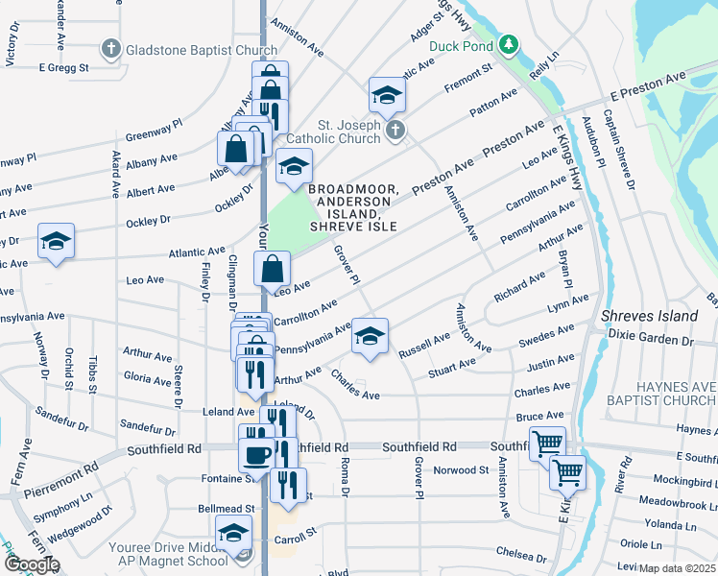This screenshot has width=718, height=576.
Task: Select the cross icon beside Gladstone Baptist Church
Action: [111, 47]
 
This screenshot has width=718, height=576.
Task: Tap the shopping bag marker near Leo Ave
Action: [273, 269]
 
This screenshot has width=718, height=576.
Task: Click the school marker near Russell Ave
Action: [370, 335]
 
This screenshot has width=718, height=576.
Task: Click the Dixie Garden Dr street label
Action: [650, 339]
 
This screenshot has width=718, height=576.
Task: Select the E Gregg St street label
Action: [63, 67]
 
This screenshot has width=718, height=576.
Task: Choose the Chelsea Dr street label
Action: [521, 556]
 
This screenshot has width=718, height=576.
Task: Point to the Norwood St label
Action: [462, 470]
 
